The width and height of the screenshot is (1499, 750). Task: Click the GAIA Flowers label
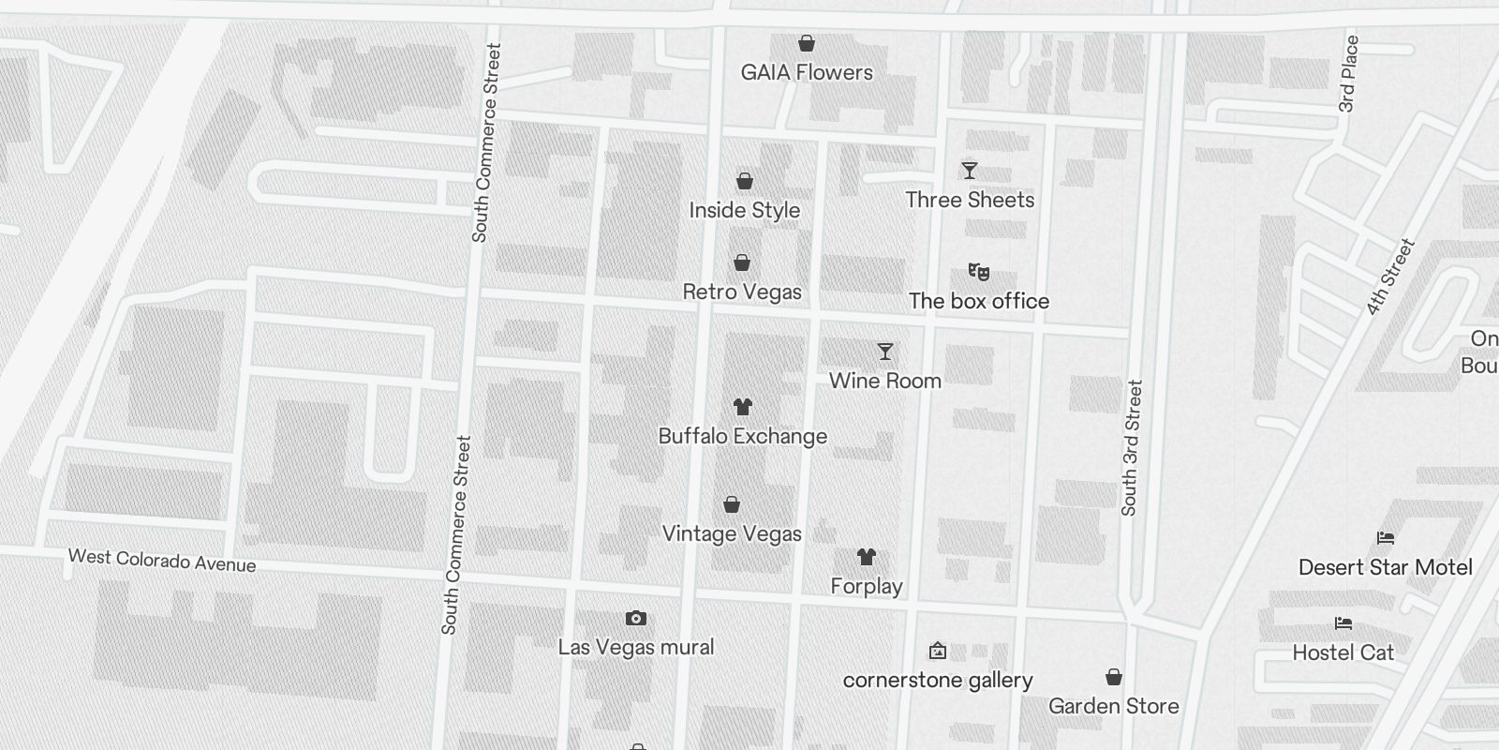click(x=807, y=72)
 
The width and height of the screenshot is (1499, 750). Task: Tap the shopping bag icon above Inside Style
click(x=745, y=181)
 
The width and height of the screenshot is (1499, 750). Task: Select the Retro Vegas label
click(x=742, y=292)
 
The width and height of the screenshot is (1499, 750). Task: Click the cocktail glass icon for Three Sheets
click(x=970, y=171)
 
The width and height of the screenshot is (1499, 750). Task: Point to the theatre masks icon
click(x=979, y=272)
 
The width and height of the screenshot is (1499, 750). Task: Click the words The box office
click(x=979, y=301)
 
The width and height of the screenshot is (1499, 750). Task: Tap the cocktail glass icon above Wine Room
click(x=885, y=352)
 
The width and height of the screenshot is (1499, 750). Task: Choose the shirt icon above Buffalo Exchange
click(x=743, y=407)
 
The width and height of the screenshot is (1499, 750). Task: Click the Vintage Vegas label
click(x=732, y=533)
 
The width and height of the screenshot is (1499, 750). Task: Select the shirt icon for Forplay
click(x=867, y=557)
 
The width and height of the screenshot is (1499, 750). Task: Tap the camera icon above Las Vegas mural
click(x=636, y=618)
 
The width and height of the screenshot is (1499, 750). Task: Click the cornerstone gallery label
click(x=938, y=680)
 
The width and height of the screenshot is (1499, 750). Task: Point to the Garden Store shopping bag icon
click(x=1114, y=677)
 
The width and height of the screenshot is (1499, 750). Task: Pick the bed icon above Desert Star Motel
click(x=1386, y=538)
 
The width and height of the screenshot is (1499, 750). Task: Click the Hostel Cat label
click(x=1343, y=652)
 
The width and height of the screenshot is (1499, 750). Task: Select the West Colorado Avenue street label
click(x=162, y=561)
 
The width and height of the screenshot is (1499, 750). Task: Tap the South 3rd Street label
click(x=1132, y=447)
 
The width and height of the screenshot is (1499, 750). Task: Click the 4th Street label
click(x=1390, y=277)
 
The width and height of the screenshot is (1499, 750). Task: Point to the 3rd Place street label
click(x=1348, y=74)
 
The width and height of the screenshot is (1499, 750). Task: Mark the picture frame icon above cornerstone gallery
click(x=937, y=651)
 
